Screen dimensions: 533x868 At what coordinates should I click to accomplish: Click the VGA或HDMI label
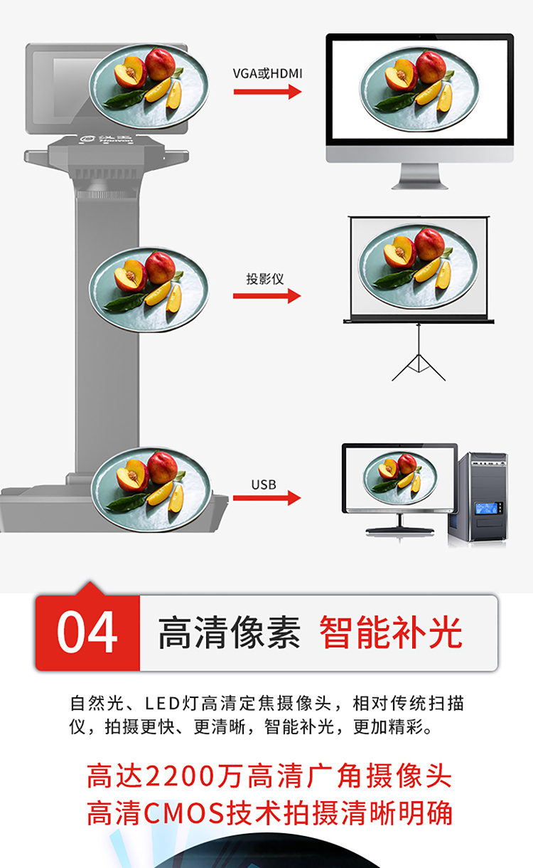point(267,73)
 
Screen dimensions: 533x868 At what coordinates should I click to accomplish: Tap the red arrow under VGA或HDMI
point(267,92)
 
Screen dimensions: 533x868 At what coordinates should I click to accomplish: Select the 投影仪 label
point(265,279)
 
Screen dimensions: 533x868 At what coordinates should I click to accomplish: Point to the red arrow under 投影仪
point(266,296)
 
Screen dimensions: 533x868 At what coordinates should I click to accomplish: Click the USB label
point(264,485)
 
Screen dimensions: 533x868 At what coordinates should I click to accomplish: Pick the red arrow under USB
point(266,498)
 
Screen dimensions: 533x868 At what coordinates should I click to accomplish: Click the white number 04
point(87,632)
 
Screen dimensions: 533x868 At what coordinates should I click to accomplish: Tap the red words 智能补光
point(391,632)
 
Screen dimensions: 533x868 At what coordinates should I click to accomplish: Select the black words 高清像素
point(229,632)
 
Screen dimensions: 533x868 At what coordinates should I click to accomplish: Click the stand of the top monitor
point(419,176)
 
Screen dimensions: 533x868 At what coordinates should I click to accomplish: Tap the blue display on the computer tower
point(486,508)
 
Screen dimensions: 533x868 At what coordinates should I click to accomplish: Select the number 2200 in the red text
point(181,776)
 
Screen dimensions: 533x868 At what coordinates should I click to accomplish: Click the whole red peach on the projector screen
point(429,244)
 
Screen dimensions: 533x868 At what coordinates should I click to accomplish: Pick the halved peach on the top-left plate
point(129,72)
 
